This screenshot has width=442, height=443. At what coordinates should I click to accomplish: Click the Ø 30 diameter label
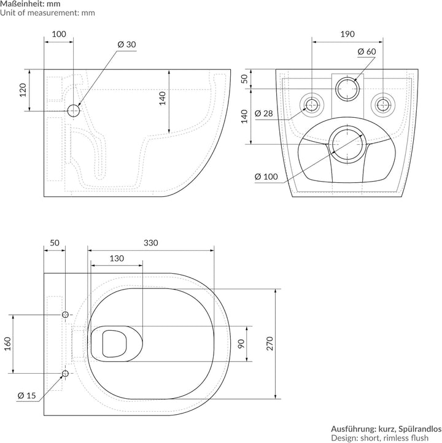[126, 45]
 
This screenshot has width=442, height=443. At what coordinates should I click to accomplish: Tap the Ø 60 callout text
[366, 52]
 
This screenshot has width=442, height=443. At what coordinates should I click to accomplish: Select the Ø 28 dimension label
[264, 114]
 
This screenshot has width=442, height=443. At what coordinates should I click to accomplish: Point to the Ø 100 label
[266, 177]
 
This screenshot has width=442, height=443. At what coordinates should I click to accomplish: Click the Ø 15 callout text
[27, 396]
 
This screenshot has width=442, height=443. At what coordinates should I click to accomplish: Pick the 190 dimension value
[347, 34]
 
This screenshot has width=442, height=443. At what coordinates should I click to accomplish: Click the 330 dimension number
[151, 243]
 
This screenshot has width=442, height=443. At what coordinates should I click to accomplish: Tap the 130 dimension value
[117, 258]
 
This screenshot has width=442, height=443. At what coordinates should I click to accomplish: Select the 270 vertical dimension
[270, 344]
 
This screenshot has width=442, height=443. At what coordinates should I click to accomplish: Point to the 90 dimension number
[241, 344]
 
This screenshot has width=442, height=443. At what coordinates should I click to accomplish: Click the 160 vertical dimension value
[7, 344]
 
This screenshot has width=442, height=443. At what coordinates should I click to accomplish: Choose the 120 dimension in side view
[23, 90]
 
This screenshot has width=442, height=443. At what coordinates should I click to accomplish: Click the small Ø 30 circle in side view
[74, 110]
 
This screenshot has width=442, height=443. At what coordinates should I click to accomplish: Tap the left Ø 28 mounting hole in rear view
[312, 105]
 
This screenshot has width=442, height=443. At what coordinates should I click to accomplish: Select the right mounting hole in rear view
[383, 105]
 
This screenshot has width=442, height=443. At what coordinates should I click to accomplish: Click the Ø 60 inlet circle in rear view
[347, 89]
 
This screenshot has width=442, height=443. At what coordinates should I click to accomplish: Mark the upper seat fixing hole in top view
[65, 314]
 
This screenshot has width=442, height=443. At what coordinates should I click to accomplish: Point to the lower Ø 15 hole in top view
[65, 374]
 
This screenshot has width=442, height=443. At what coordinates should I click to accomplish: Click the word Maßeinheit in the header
[22, 4]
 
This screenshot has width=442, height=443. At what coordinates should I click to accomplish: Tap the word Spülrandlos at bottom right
[420, 429]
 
